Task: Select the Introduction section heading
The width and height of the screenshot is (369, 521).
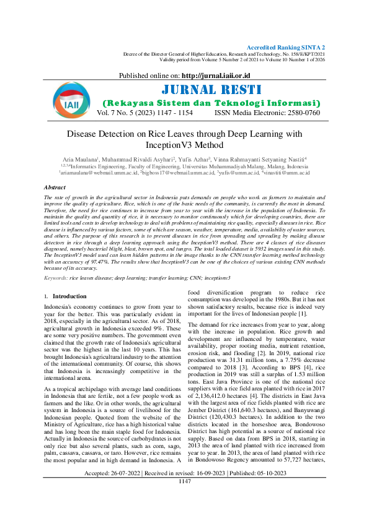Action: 69,296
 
